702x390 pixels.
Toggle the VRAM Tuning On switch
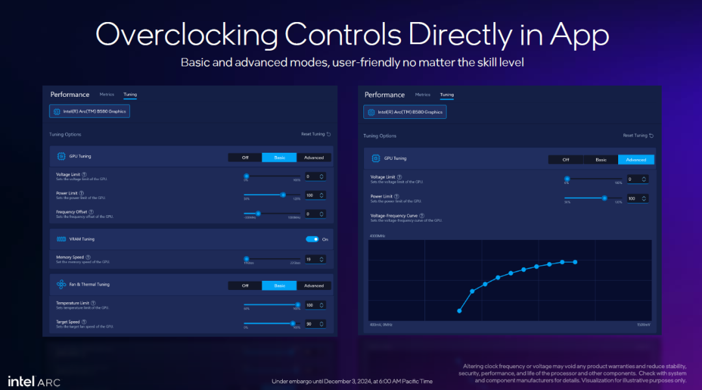coord(312,239)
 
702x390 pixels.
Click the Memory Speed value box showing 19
coord(315,259)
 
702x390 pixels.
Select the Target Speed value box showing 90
coord(315,324)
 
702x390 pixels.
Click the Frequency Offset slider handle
coord(258,213)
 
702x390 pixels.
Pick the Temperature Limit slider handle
coord(298,304)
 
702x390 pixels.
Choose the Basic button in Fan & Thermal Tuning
coord(279,285)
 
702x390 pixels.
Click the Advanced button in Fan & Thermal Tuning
coord(314,285)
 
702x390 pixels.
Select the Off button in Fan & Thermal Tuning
coord(245,285)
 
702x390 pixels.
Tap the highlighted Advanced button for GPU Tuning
coord(636,159)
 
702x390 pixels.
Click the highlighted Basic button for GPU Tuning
coord(279,157)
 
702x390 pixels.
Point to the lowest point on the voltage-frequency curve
coord(460,311)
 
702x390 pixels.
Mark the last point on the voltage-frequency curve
coord(575,262)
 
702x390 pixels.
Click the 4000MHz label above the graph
coord(378,235)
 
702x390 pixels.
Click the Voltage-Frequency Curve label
coord(394,215)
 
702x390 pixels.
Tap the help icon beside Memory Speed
coord(88,257)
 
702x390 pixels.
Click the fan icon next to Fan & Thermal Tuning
coord(61,285)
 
